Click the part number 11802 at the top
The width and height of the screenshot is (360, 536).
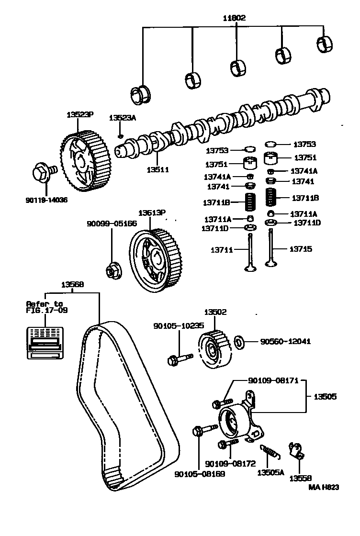pyautogui.click(x=234, y=18)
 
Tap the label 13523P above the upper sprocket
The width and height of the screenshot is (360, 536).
pyautogui.click(x=80, y=114)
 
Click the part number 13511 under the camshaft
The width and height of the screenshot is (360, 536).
pyautogui.click(x=158, y=169)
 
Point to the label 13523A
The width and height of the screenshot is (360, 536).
pyautogui.click(x=123, y=118)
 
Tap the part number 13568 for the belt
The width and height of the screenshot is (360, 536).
pyautogui.click(x=72, y=284)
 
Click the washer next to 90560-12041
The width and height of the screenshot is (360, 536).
pyautogui.click(x=239, y=342)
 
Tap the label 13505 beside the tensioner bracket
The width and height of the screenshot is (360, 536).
pyautogui.click(x=325, y=397)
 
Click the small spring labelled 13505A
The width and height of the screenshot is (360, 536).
pyautogui.click(x=270, y=451)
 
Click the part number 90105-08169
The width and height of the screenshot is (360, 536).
pyautogui.click(x=200, y=473)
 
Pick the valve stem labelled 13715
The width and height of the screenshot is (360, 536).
pyautogui.click(x=271, y=251)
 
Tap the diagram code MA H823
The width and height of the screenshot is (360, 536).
pyautogui.click(x=323, y=487)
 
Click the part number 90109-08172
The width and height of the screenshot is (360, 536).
pyautogui.click(x=230, y=464)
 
